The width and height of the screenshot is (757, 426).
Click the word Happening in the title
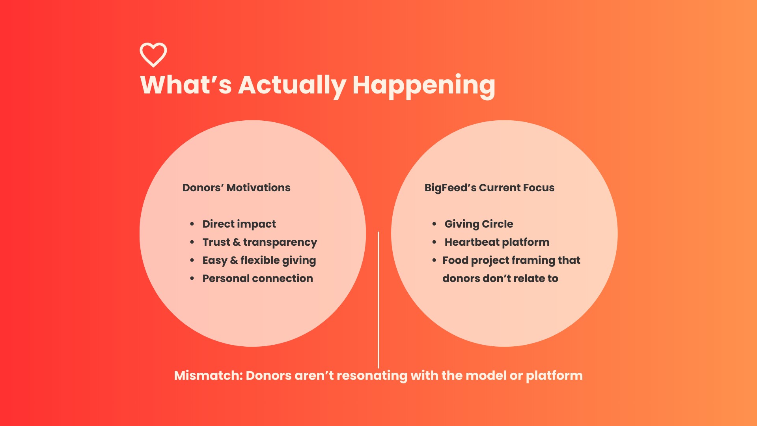[424, 86]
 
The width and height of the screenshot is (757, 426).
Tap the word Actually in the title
[292, 86]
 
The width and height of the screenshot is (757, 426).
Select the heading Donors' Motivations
[236, 188]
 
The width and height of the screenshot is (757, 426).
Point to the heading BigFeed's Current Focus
[489, 188]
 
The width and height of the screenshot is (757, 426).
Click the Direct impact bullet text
[239, 224]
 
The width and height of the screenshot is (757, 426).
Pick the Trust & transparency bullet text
[259, 242]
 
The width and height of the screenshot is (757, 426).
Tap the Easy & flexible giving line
[259, 260]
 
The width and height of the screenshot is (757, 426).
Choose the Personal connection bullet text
[257, 278]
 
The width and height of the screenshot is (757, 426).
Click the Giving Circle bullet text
[479, 224]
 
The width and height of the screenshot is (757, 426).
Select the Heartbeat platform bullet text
[497, 242]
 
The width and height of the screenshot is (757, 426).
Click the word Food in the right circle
[455, 260]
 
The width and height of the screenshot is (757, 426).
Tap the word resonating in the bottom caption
[372, 376]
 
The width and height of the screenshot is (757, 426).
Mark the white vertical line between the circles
[378, 300]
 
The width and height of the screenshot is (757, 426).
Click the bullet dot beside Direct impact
[192, 224]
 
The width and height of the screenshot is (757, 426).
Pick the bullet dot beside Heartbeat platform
[434, 242]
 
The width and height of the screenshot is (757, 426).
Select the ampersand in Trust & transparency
[237, 242]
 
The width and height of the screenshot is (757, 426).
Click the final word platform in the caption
[554, 376]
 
